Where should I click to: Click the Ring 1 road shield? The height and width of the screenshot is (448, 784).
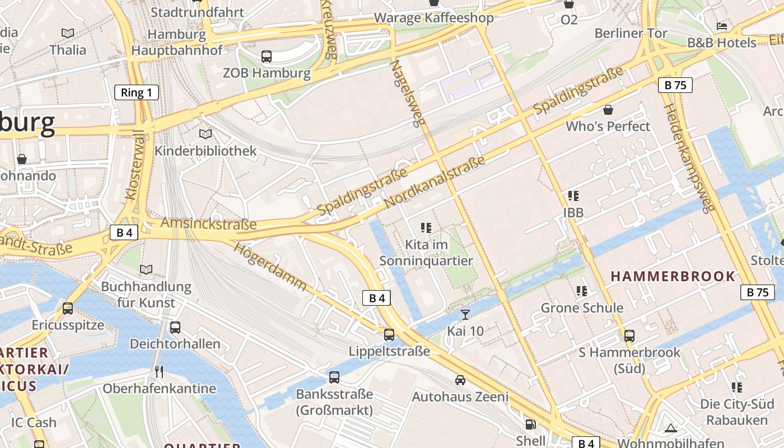(137, 92)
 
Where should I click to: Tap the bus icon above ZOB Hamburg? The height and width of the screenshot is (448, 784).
(267, 56)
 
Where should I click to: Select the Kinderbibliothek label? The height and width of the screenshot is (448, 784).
(206, 151)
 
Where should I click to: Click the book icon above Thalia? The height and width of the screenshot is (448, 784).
(68, 34)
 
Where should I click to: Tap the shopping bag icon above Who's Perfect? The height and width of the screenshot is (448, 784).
(608, 110)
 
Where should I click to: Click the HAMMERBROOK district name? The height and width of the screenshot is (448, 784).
(673, 276)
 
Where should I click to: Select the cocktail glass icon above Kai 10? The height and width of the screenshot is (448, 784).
(465, 314)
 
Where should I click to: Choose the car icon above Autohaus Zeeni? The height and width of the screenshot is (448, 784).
(460, 380)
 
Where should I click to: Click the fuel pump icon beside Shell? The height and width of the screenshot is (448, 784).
(530, 424)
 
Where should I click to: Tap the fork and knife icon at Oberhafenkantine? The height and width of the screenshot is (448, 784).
(159, 372)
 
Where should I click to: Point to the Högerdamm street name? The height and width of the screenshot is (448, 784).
(270, 266)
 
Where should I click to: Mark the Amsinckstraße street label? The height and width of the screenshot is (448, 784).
(208, 223)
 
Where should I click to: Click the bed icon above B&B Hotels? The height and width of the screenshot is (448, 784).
(722, 26)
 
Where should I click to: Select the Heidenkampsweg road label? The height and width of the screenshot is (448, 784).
(689, 158)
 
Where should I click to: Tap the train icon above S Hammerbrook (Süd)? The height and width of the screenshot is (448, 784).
(629, 336)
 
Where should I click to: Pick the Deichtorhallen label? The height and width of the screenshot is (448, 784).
(175, 343)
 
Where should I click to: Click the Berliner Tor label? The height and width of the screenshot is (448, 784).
(631, 33)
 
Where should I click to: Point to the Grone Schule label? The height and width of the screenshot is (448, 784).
(582, 307)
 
